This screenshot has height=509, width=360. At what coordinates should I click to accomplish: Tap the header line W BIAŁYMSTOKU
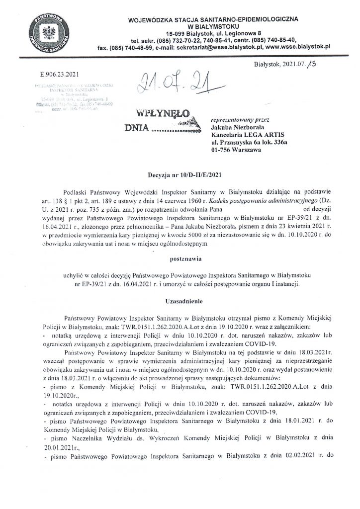tap(214, 25)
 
